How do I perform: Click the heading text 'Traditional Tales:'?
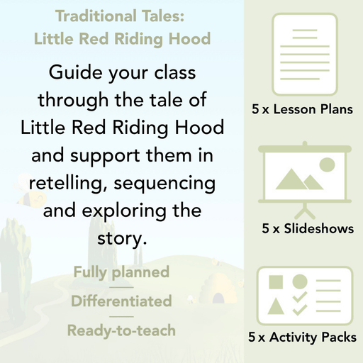[x=123, y=16]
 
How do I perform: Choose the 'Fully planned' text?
[x=121, y=272]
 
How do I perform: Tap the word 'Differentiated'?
[x=121, y=301]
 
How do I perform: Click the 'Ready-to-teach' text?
[x=121, y=330]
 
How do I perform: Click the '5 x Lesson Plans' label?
[x=303, y=110]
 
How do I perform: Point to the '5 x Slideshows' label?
[x=307, y=229]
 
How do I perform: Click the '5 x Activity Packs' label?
[x=303, y=337]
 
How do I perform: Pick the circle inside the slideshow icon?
[x=327, y=164]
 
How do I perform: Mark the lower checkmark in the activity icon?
[x=300, y=309]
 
